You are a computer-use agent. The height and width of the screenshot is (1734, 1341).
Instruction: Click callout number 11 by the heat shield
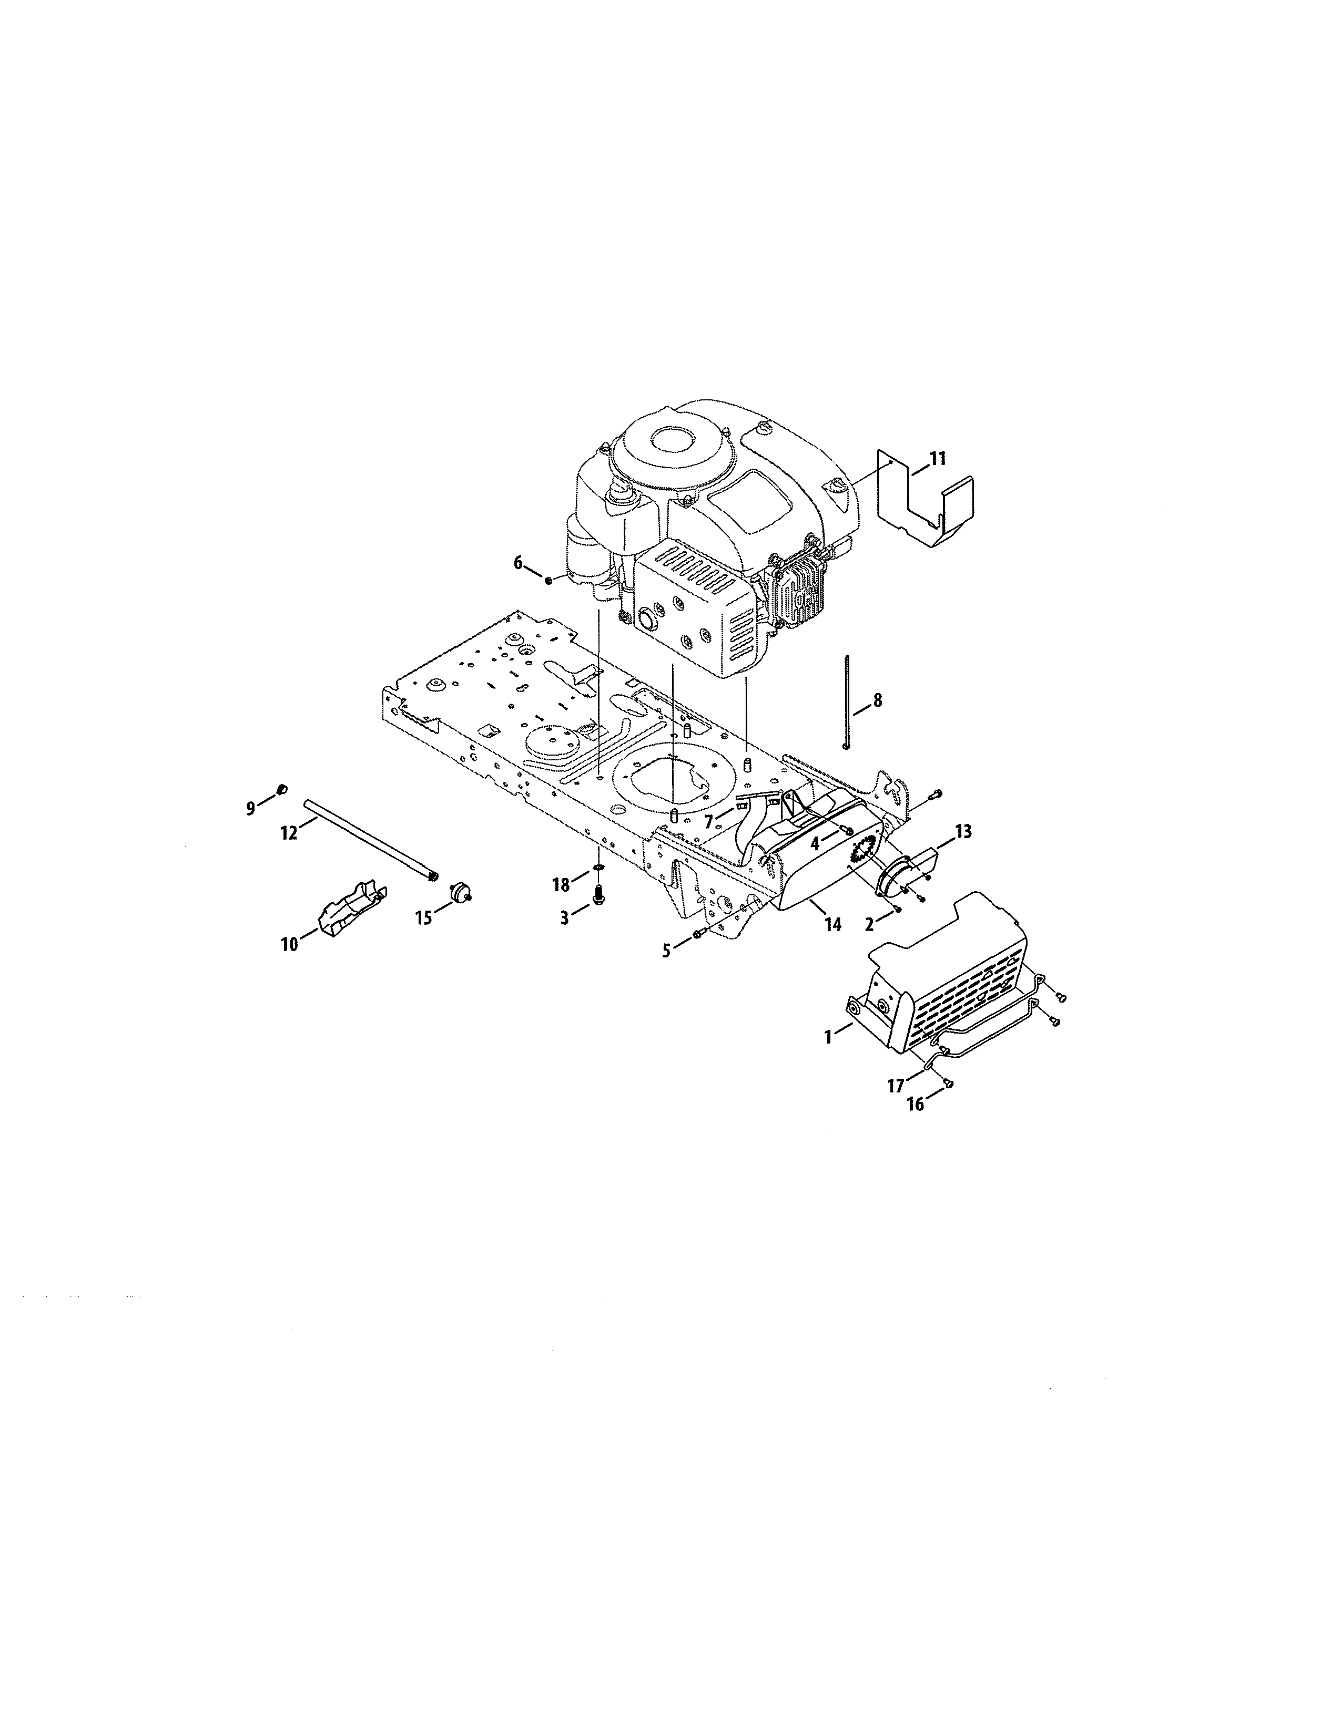[x=938, y=458]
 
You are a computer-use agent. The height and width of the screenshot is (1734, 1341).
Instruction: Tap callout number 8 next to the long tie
[x=877, y=700]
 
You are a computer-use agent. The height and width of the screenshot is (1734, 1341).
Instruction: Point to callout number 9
[x=251, y=808]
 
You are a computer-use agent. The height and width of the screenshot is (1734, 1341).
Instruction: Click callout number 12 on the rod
[x=288, y=833]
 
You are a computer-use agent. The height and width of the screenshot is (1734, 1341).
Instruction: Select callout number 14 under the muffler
[x=832, y=925]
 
